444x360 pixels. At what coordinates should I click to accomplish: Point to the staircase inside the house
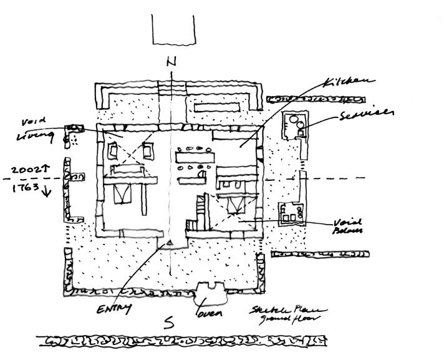(200, 213)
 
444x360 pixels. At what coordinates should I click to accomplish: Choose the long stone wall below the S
(181, 342)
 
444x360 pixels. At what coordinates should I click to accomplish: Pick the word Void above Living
(30, 120)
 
